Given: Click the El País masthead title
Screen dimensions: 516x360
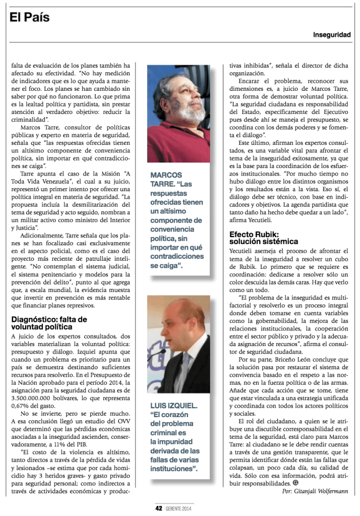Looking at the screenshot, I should pyautogui.click(x=30, y=18).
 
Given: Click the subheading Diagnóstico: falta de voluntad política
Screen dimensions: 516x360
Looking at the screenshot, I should pyautogui.click(x=49, y=323).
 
